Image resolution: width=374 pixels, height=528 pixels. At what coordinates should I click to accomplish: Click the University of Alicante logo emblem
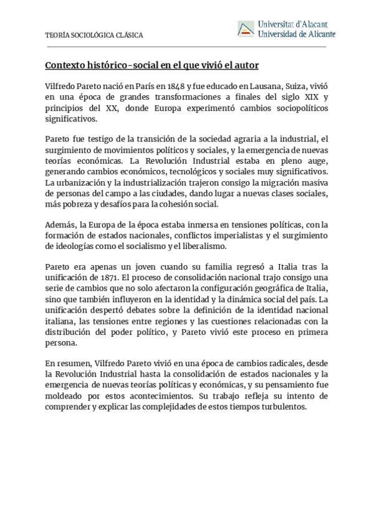[x=246, y=29]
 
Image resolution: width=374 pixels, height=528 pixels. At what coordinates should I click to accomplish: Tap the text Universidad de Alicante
[x=295, y=34]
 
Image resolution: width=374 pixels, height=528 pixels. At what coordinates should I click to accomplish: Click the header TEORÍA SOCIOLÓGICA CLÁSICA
[x=93, y=35]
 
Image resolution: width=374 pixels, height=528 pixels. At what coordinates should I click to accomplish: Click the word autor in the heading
[x=246, y=65]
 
